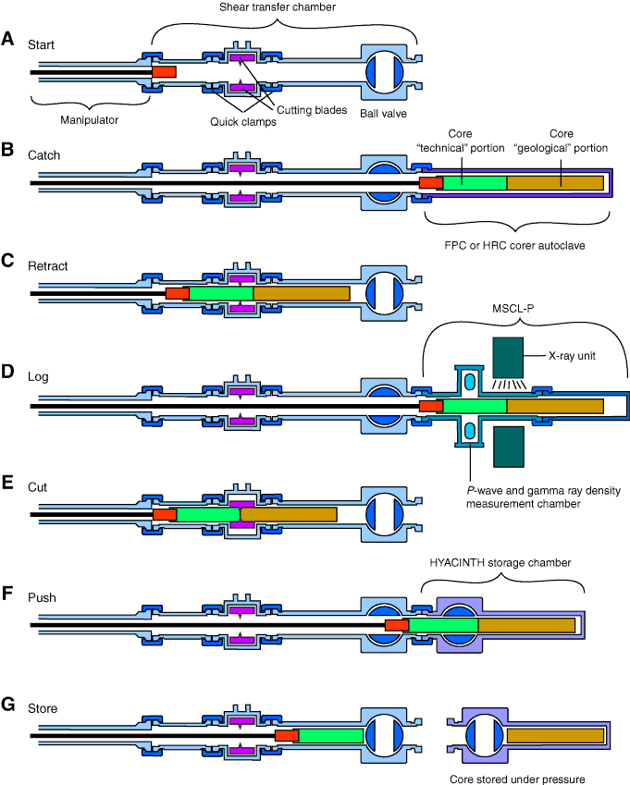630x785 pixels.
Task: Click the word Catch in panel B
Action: [x=43, y=155]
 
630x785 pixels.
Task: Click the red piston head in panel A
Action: [x=164, y=71]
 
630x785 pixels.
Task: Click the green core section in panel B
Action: [x=475, y=183]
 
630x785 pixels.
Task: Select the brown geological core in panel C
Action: [x=302, y=293]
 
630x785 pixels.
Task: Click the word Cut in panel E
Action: [x=38, y=486]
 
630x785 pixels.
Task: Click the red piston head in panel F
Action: [x=397, y=626]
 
